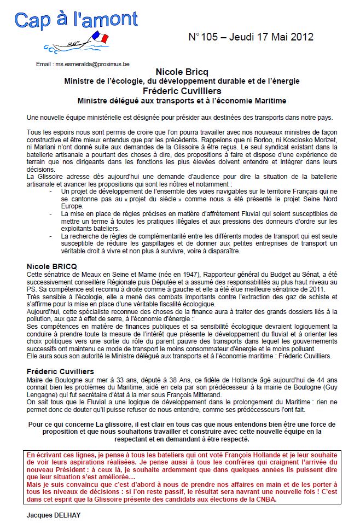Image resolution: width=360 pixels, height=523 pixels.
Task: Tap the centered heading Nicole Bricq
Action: (182, 72)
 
